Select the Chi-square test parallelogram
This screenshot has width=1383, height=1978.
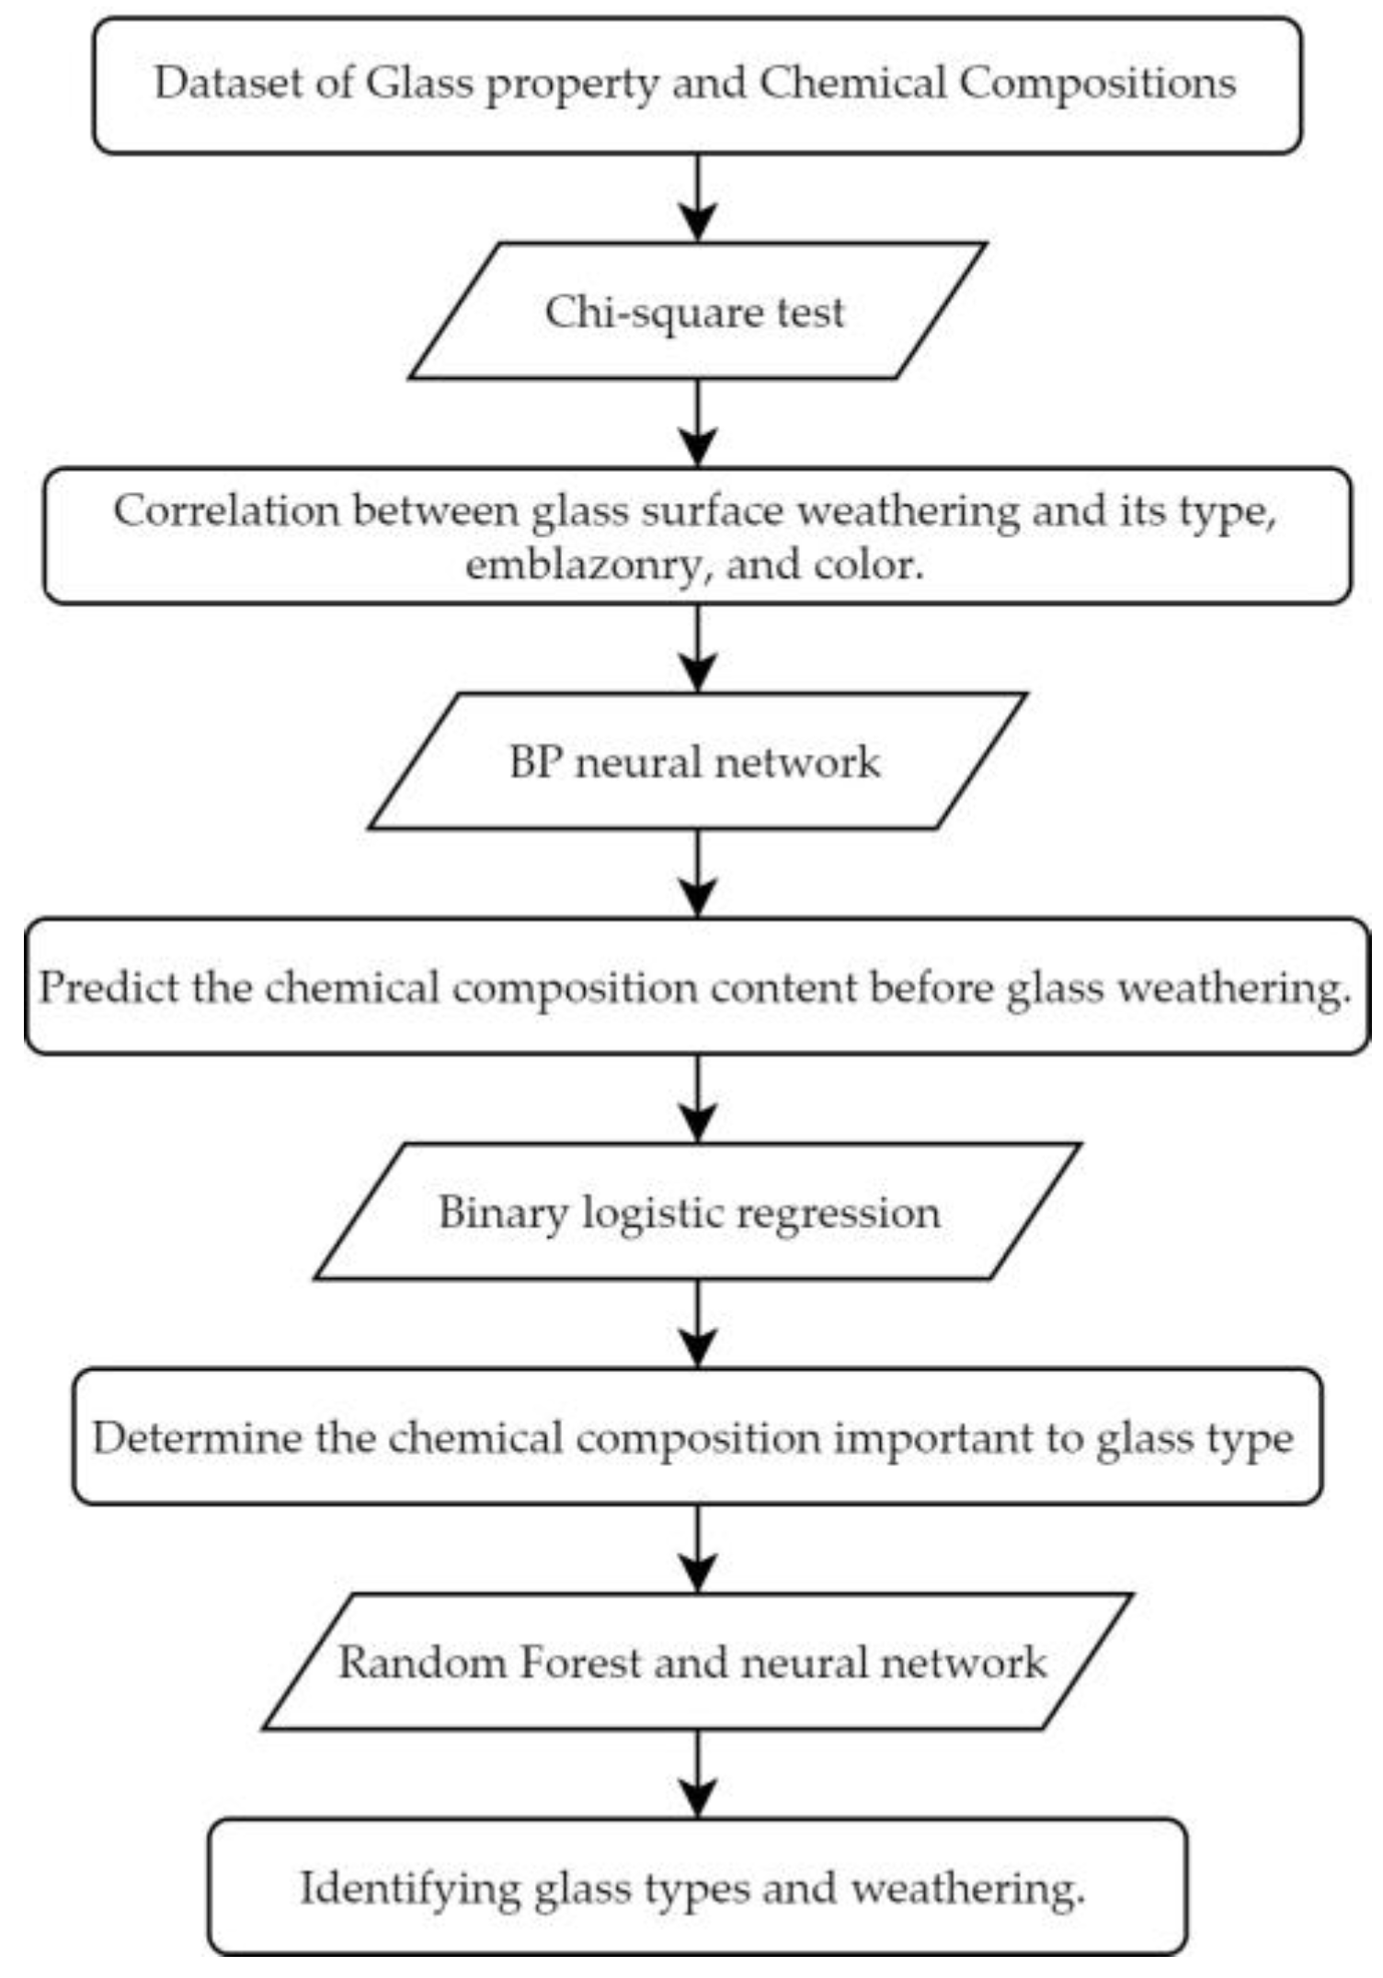click(x=696, y=312)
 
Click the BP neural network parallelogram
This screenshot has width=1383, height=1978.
click(x=696, y=762)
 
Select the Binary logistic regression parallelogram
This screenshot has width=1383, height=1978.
click(x=696, y=1213)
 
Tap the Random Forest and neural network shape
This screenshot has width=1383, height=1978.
click(x=696, y=1664)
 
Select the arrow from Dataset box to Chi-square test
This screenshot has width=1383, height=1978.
click(x=698, y=199)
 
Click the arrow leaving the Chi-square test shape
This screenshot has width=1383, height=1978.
click(x=698, y=424)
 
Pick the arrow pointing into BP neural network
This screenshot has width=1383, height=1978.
click(x=698, y=649)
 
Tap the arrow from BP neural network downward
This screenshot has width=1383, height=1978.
click(x=698, y=875)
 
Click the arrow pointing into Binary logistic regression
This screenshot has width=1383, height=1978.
click(x=698, y=1100)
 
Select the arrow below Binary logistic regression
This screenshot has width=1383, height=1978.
click(x=698, y=1325)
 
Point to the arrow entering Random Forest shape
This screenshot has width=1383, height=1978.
click(x=698, y=1550)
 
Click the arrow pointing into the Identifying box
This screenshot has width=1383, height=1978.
click(x=698, y=1776)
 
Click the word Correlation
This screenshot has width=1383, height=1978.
click(x=226, y=510)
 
